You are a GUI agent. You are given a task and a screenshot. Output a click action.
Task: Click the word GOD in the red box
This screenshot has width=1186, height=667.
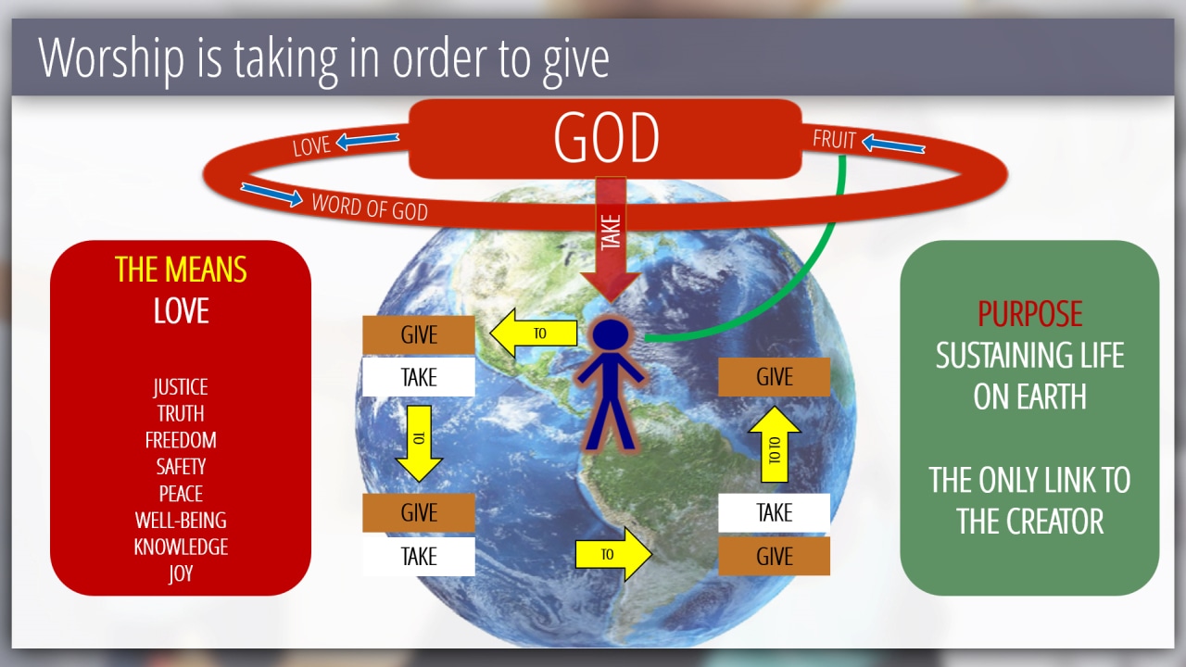coord(606,138)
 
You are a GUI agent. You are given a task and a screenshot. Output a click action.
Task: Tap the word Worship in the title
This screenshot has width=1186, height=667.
coord(111,58)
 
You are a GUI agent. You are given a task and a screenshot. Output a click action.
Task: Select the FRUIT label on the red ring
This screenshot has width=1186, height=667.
coord(834,140)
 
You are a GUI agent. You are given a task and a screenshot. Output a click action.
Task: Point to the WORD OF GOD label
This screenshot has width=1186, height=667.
coord(370,207)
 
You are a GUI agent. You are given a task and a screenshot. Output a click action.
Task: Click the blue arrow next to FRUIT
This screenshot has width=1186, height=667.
coord(893,144)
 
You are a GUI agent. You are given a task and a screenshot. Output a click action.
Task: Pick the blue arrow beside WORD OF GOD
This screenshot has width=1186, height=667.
coord(271,195)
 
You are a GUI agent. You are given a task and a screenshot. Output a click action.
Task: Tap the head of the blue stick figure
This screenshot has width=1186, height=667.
coord(611,334)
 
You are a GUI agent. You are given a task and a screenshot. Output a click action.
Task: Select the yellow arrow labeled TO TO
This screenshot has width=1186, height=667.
coord(774,444)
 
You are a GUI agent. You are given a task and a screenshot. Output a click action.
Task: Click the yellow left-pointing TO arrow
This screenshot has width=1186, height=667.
coord(533,333)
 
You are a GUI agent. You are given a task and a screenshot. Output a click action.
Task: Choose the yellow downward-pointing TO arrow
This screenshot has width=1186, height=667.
coord(419,444)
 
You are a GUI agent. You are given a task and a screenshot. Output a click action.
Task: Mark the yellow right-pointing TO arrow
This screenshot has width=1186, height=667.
coord(613,554)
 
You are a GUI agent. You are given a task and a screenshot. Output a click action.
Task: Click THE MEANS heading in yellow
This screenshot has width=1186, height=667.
coord(181,270)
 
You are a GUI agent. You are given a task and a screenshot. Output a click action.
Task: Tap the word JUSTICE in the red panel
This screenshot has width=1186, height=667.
coord(181,387)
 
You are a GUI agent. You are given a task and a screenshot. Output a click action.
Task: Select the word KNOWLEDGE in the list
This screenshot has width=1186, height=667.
coord(181,547)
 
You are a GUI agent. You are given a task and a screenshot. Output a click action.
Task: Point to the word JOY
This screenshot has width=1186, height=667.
coord(181,573)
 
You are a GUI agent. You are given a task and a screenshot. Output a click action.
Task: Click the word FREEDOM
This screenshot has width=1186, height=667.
coord(181,440)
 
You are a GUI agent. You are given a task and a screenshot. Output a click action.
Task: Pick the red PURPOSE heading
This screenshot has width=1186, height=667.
coord(1029,313)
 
